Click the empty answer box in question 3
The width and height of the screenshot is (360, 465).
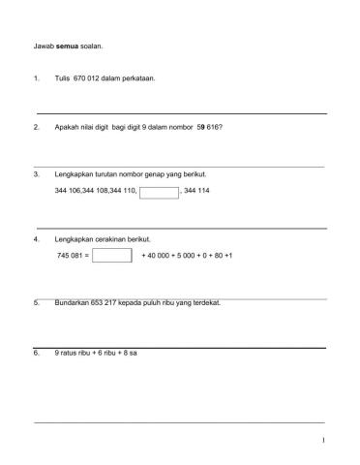(159, 191)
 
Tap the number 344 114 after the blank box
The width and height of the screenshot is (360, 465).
(196, 191)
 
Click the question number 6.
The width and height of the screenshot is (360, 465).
(36, 354)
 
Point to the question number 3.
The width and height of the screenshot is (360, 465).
(36, 174)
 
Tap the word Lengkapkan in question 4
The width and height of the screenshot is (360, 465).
(75, 238)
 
